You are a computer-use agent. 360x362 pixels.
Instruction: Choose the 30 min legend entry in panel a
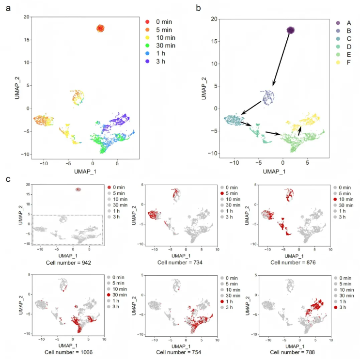(160, 47)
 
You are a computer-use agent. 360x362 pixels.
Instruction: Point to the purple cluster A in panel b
(291, 31)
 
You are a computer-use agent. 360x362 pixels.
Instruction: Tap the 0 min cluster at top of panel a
(100, 28)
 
